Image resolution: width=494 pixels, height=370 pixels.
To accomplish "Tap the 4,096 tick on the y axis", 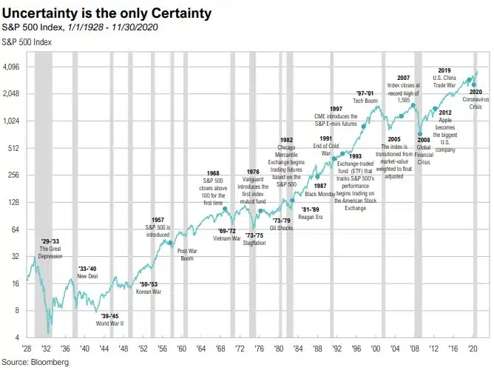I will tap(13, 67).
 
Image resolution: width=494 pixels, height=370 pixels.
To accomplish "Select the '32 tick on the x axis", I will tap(47, 347).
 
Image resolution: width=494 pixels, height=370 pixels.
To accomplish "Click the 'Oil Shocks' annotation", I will tap(282, 228).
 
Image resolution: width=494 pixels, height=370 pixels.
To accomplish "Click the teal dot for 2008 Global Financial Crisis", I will tap(419, 134).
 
